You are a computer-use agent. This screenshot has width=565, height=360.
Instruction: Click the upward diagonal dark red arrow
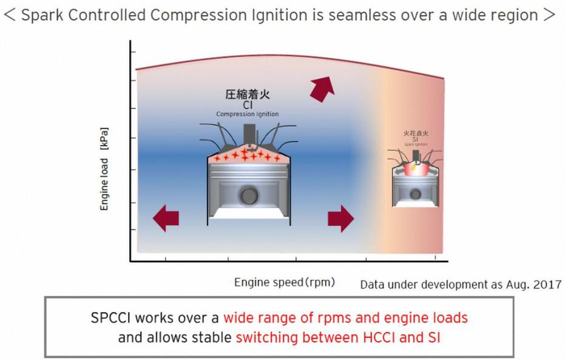(321, 89)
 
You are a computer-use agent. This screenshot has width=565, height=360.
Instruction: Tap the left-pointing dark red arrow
(165, 218)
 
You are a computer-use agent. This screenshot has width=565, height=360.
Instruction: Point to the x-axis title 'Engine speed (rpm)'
(284, 282)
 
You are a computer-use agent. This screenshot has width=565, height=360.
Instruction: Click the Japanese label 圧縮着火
(247, 95)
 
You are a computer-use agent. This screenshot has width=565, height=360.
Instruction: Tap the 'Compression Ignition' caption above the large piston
(247, 114)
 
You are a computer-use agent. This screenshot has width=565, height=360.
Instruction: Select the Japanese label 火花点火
(416, 132)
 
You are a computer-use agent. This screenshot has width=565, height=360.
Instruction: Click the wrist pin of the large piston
(248, 196)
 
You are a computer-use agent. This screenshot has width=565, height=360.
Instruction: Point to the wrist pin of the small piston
(415, 194)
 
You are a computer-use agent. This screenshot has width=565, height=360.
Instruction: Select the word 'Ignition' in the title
(279, 15)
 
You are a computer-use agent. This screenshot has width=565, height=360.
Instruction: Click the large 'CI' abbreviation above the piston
(247, 105)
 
